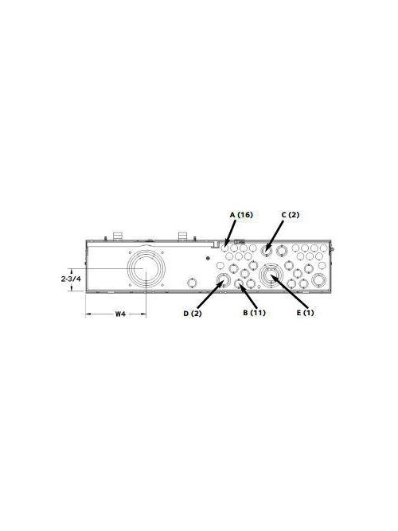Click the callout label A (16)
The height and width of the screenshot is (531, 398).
tap(241, 215)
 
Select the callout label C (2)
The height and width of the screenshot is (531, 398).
tap(290, 215)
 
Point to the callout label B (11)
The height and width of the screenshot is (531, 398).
tap(253, 313)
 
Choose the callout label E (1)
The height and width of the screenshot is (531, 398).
tap(305, 313)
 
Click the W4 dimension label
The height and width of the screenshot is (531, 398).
tap(119, 314)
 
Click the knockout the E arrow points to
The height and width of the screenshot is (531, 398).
tap(271, 276)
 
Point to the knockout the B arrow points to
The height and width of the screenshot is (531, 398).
tap(238, 284)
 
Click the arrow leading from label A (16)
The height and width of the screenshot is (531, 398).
tap(232, 232)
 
